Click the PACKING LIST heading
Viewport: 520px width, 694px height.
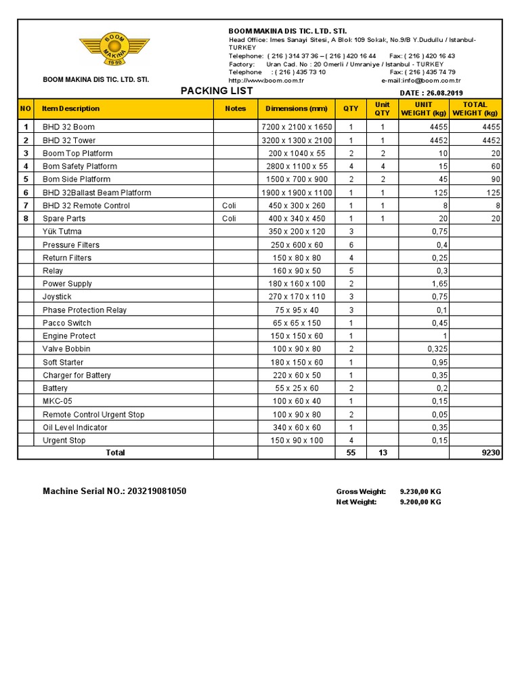217,91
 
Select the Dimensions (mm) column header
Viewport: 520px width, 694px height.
296,108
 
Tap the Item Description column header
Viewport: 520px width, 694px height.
70,108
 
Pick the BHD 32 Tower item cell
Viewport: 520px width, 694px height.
69,140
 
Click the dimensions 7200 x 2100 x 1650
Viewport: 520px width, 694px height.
297,127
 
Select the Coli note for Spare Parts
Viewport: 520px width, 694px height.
229,218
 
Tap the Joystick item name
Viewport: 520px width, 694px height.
57,297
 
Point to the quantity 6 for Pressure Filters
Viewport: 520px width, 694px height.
351,245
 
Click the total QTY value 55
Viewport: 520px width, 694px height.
351,453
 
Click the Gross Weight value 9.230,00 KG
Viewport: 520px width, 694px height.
420,492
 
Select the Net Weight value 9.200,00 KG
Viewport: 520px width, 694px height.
420,502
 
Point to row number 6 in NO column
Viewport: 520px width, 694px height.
26,192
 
